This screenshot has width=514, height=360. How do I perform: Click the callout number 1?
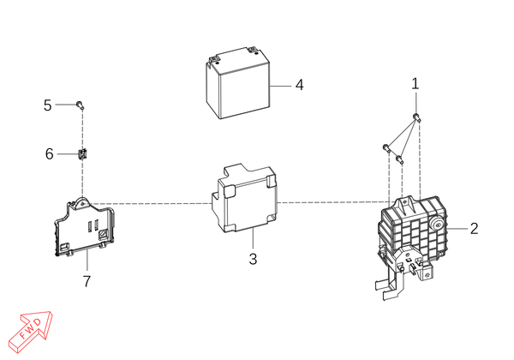click(415, 84)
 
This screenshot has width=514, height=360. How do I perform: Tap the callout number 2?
click(474, 229)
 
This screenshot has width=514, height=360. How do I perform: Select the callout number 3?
click(253, 259)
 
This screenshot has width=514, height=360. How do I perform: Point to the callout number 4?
click(299, 85)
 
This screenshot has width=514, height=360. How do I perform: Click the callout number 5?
click(47, 105)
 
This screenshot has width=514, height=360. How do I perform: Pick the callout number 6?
click(49, 153)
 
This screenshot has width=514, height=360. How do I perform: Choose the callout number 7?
click(87, 281)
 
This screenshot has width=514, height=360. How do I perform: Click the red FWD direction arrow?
click(30, 332)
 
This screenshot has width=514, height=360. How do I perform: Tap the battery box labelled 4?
click(238, 83)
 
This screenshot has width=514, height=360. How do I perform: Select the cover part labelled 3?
click(244, 199)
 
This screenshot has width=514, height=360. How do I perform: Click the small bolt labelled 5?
click(80, 105)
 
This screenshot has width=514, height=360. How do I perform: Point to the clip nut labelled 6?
click(83, 153)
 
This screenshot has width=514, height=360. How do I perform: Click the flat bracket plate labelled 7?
click(85, 227)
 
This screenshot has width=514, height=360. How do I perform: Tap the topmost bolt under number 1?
click(416, 117)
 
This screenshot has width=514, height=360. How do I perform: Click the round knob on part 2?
click(437, 225)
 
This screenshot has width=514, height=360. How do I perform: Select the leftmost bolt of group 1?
click(386, 147)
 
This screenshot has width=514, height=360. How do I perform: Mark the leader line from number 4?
click(281, 86)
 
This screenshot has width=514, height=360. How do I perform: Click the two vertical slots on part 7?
click(93, 225)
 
